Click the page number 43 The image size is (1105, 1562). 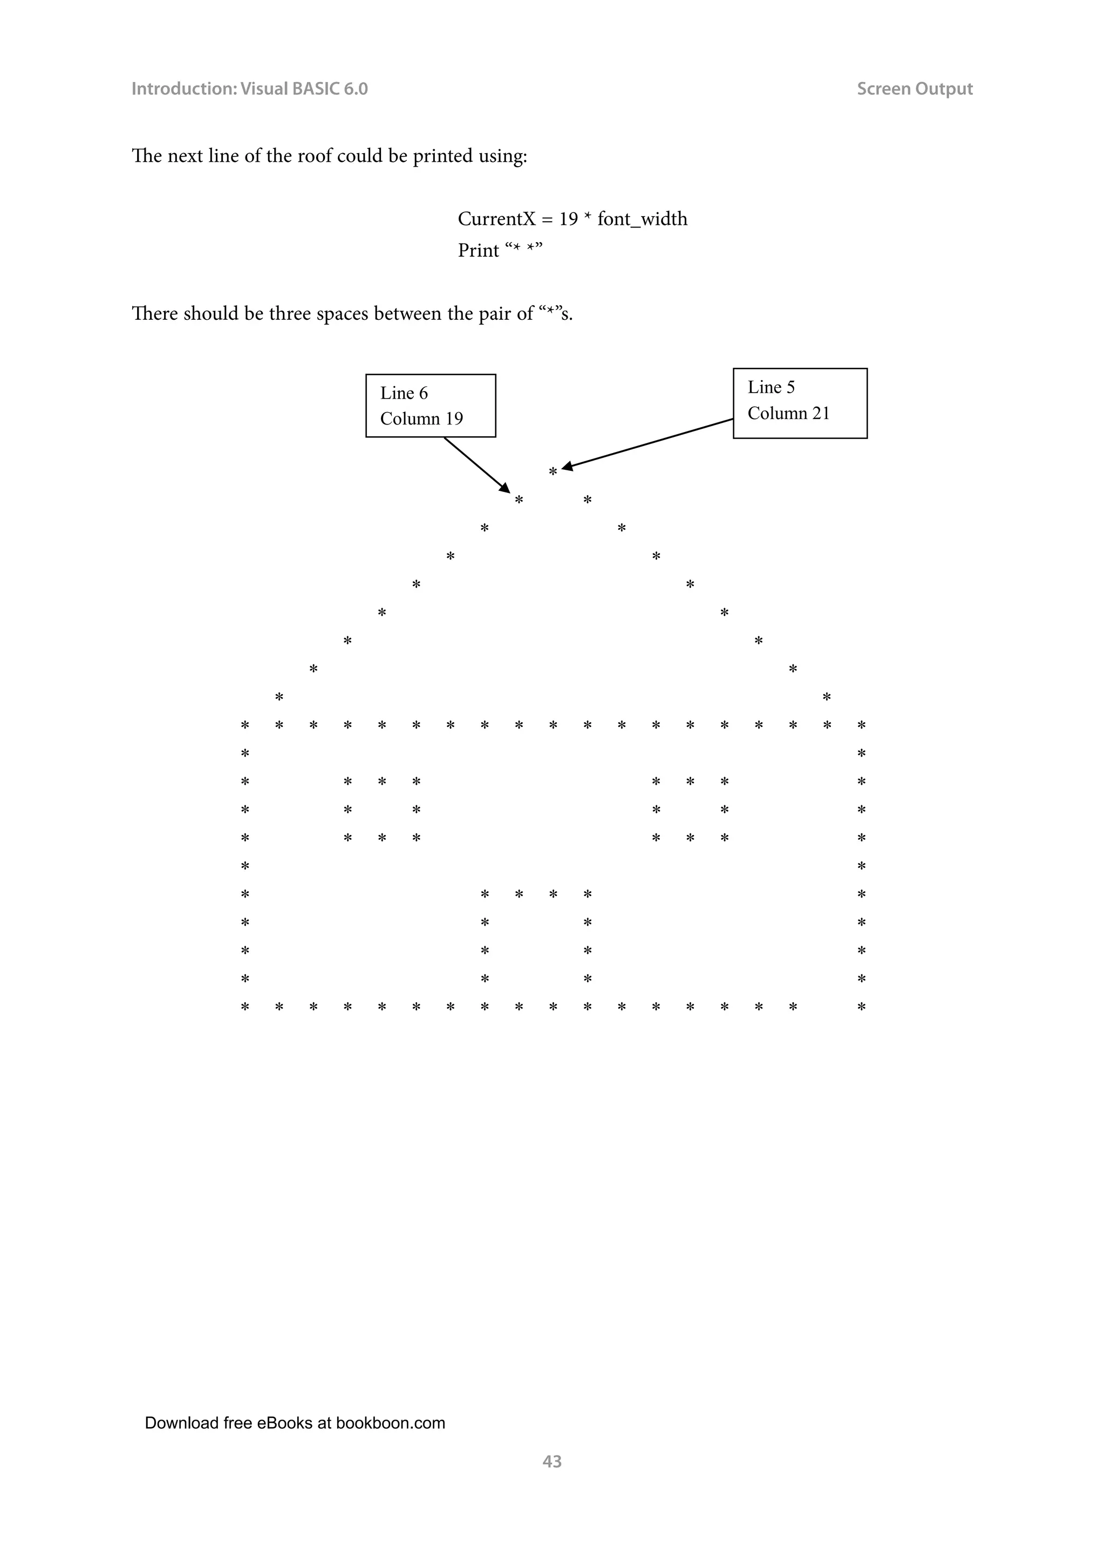click(x=552, y=1461)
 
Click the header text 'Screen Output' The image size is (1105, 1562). click(x=915, y=89)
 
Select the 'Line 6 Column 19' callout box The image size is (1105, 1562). click(x=431, y=406)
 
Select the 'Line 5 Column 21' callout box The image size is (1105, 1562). click(x=800, y=403)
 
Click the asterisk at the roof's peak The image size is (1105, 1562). click(x=553, y=471)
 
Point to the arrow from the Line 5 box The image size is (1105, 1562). click(x=646, y=443)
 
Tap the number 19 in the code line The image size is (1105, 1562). click(x=568, y=219)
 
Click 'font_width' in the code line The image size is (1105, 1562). click(x=642, y=219)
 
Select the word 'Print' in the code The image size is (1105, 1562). click(x=479, y=251)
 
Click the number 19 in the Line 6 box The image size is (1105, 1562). click(x=454, y=419)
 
